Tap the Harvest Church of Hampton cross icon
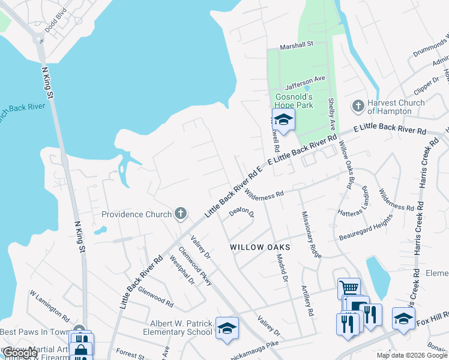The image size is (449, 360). pos(358,106)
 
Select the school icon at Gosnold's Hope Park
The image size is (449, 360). pos(283,119)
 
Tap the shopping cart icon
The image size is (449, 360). pos(348,289)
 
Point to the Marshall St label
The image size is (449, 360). pos(298,44)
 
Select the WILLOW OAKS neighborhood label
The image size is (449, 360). pos(261,247)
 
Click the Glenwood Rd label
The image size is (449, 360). pos(155,288)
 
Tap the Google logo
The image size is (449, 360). pos(19,353)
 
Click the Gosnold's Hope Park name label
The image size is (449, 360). pos(294,101)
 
